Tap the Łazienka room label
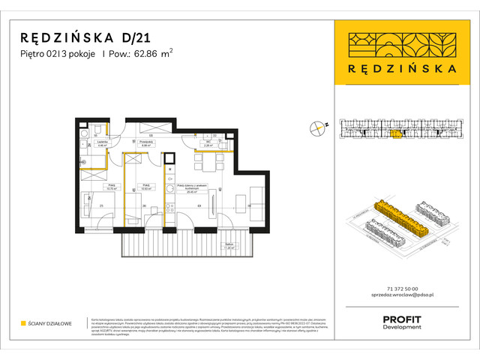coord(103,143)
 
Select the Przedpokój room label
coord(147,143)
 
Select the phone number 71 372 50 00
coord(404,289)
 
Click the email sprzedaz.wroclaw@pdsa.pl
coord(404,297)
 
